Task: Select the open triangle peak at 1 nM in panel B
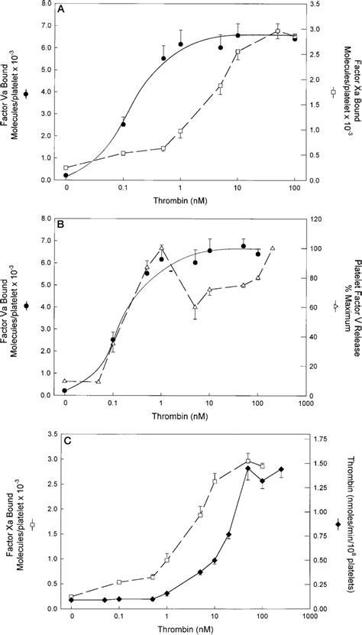point(161,247)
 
